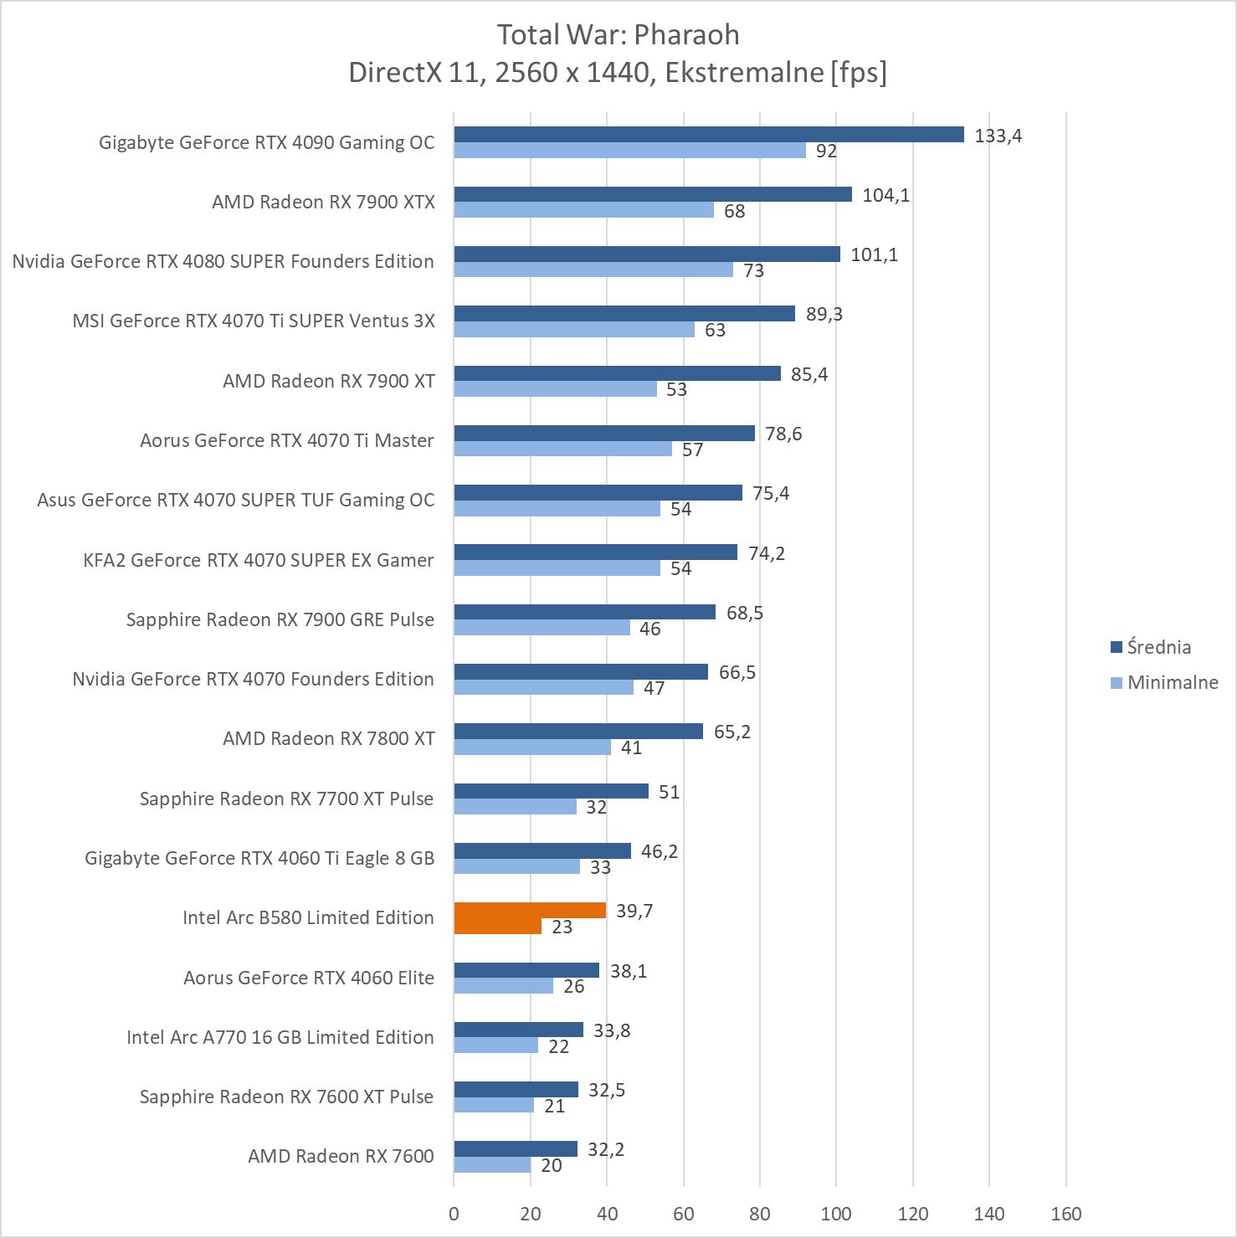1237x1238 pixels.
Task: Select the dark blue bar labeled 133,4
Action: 709,135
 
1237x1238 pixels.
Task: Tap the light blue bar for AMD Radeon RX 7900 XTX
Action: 583,210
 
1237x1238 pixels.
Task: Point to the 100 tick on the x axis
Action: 836,1214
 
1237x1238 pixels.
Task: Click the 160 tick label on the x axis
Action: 1065,1214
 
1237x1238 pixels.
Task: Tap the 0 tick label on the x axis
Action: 454,1214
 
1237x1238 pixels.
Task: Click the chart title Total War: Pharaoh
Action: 618,35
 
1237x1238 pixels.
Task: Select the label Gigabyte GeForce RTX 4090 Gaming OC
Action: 266,142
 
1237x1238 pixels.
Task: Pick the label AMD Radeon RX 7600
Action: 341,1156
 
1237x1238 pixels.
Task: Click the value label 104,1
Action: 885,195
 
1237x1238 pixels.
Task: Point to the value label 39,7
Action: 634,911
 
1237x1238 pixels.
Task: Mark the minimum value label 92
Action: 826,151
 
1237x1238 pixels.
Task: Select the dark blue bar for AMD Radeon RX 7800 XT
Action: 578,732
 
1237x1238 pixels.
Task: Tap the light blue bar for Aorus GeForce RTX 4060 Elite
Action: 503,986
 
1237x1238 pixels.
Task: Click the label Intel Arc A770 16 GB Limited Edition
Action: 280,1037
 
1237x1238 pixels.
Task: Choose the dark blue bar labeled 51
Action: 551,791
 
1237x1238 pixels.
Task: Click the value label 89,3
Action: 824,314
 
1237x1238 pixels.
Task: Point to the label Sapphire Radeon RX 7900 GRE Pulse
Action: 280,619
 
